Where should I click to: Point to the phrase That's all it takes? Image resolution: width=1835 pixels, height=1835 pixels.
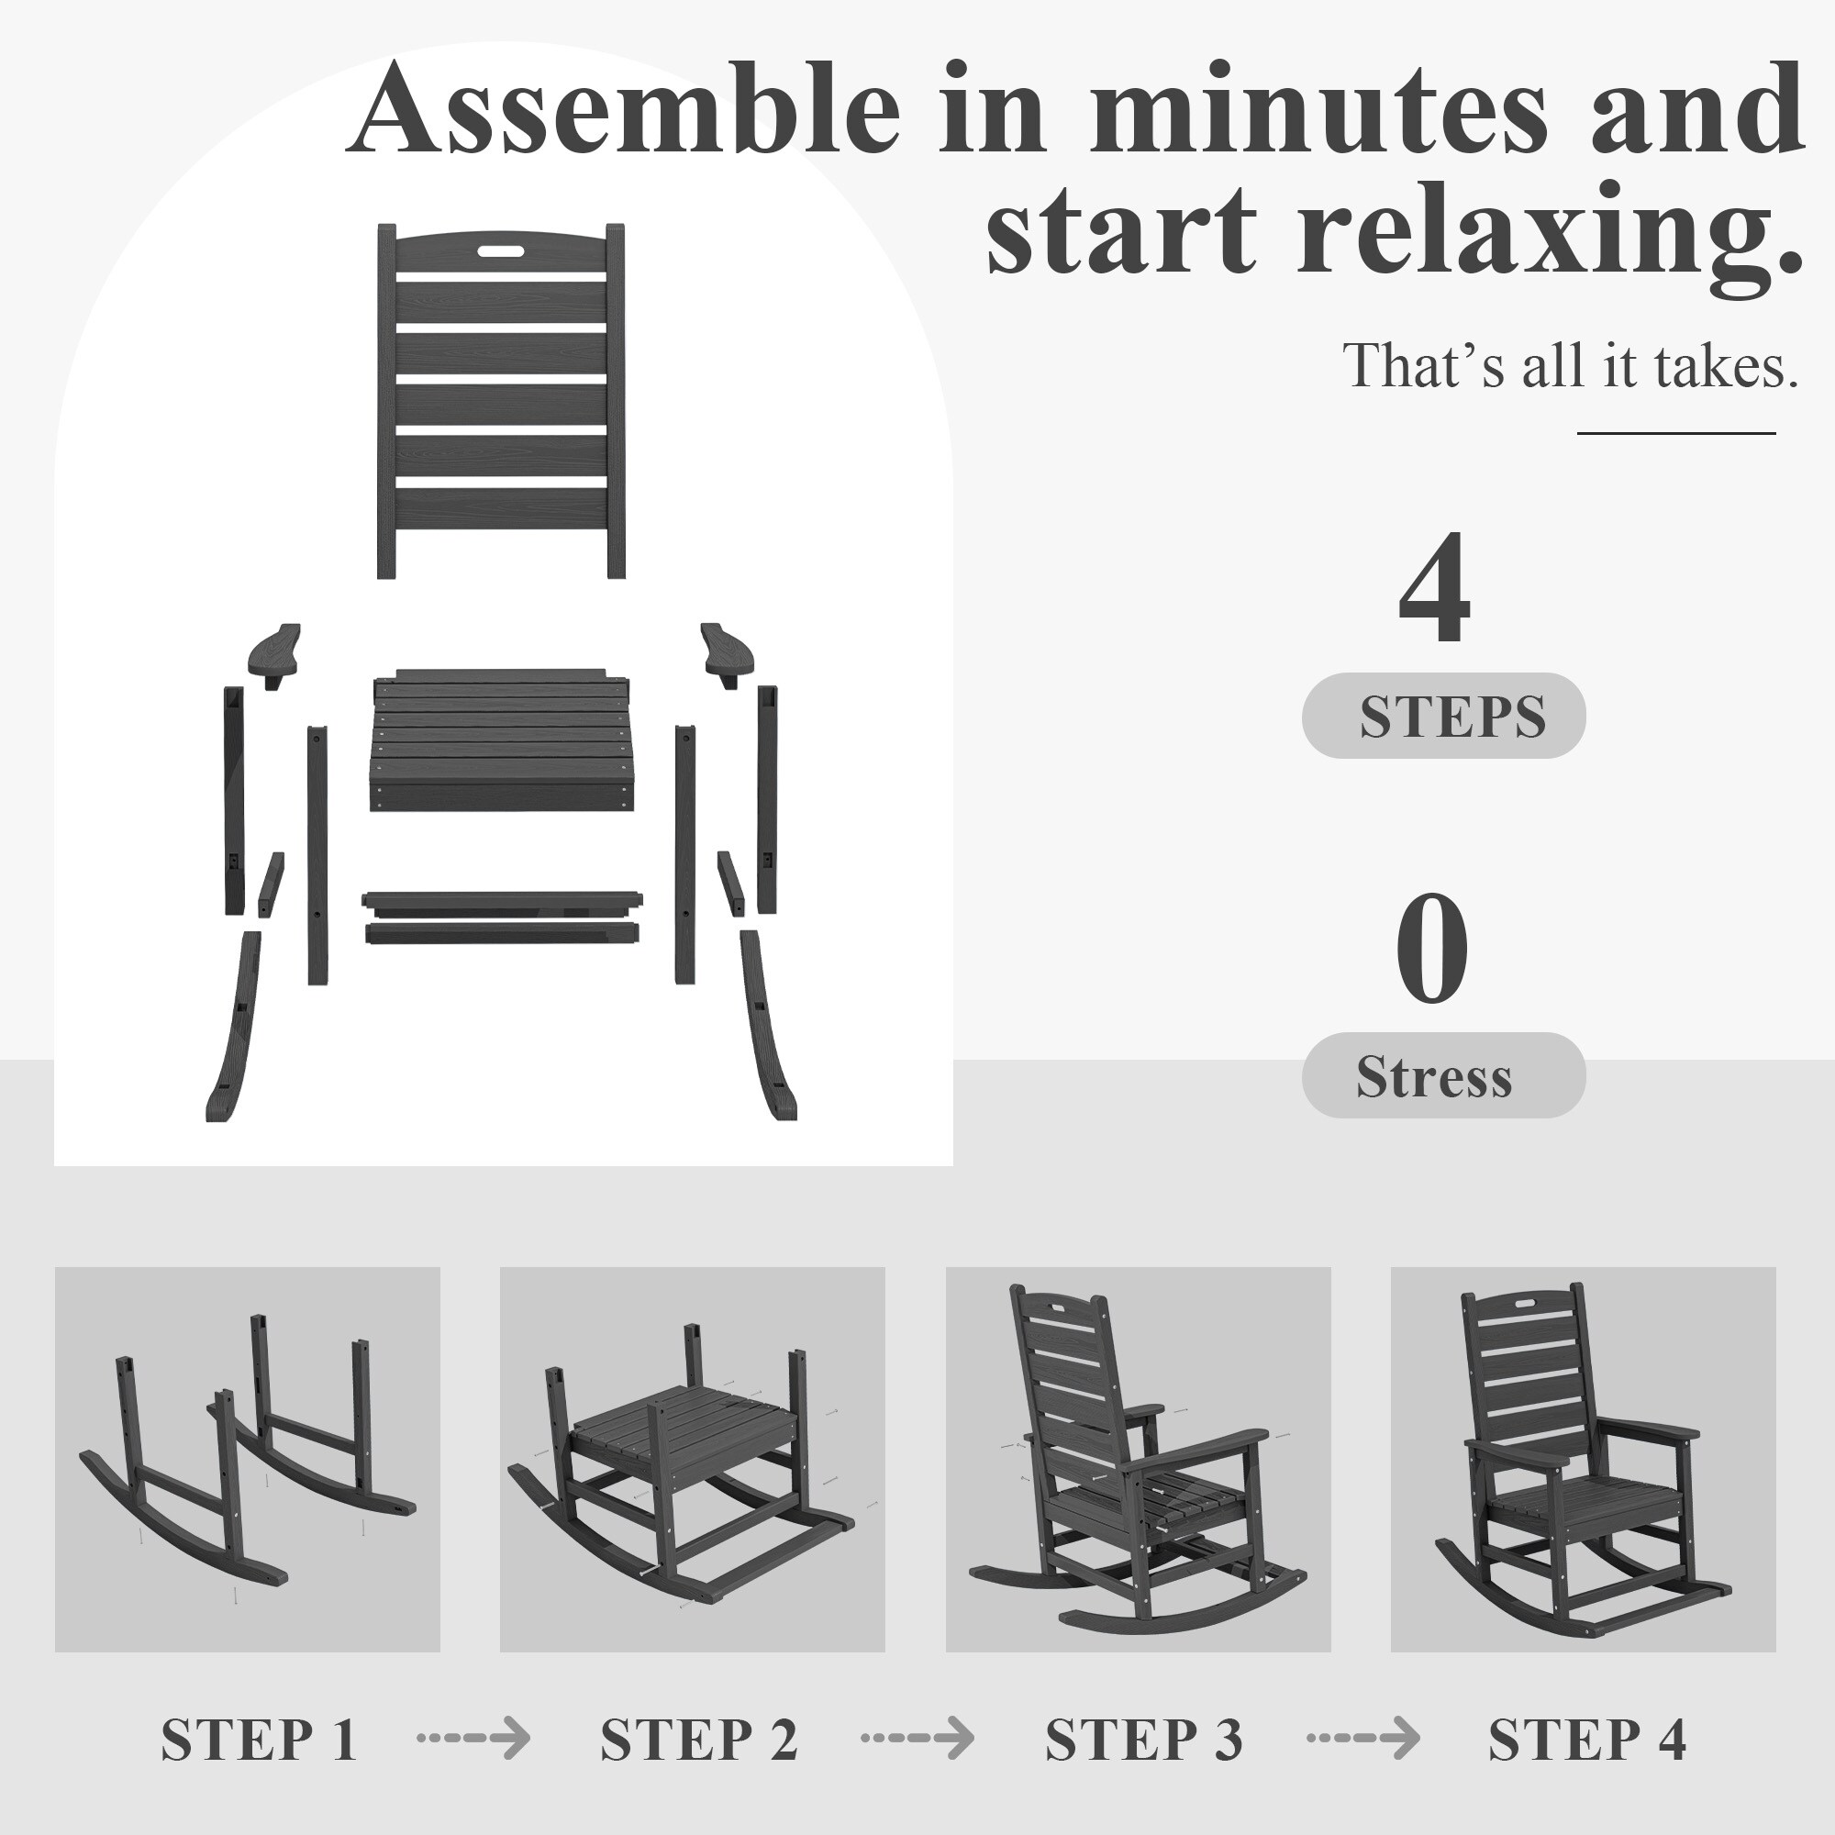click(1570, 365)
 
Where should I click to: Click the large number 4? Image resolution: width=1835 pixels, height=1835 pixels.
click(1434, 588)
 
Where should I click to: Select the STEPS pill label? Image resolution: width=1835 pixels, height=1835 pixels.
click(1443, 717)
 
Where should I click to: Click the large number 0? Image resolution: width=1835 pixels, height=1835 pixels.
click(1432, 949)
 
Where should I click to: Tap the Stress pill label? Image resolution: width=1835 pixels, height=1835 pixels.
click(1443, 1075)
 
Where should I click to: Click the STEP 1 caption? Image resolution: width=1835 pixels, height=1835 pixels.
click(259, 1739)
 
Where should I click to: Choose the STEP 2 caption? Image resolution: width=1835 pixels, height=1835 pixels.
click(699, 1739)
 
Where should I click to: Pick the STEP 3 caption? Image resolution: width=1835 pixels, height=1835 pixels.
click(1143, 1739)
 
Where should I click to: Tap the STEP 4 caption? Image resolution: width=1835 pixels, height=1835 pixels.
click(1587, 1739)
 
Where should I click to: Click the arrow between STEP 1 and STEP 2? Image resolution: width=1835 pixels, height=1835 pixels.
click(474, 1738)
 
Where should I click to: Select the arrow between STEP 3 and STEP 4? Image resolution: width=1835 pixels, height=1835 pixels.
click(1364, 1738)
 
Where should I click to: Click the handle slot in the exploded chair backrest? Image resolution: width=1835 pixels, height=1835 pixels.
click(501, 252)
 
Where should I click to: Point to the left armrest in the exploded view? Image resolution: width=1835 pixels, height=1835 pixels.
click(274, 653)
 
